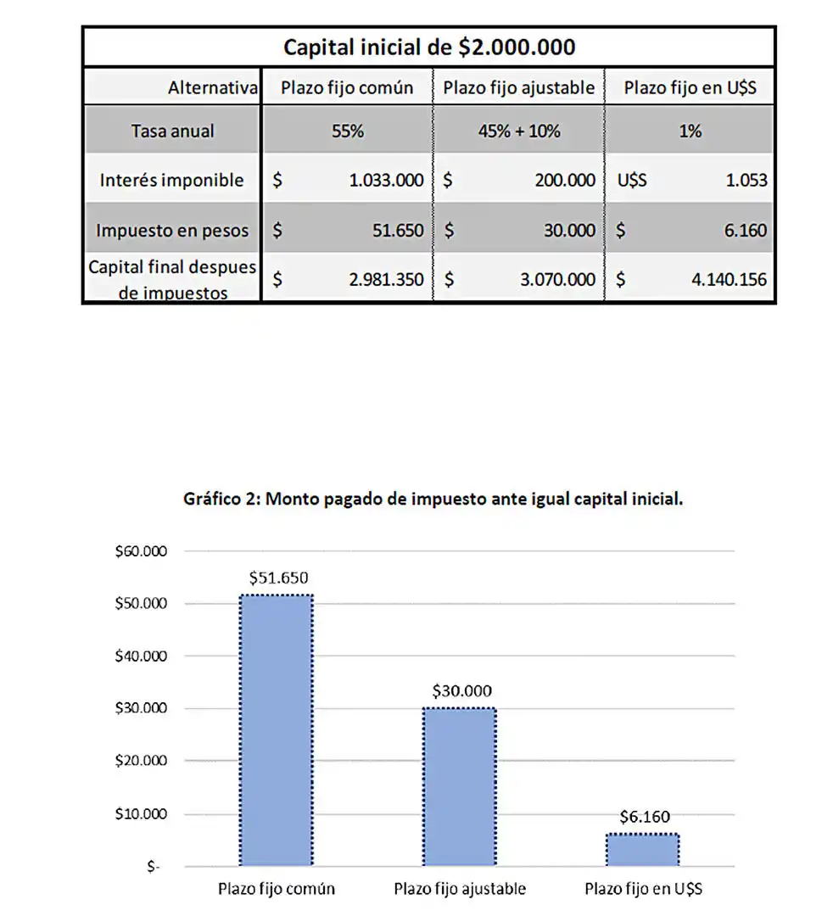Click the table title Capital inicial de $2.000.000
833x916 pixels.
[428, 47]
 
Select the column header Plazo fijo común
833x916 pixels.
[347, 87]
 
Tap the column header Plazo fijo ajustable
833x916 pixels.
[518, 87]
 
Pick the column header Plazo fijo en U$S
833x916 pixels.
[690, 87]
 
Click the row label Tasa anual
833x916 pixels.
[172, 131]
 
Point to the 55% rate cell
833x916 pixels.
[347, 131]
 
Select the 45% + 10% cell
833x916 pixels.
[518, 131]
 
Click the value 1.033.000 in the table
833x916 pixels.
[386, 180]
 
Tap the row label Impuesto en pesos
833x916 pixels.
[172, 230]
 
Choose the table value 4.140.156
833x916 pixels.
[729, 279]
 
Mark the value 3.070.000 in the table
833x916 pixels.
[557, 279]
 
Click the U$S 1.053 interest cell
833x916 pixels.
[690, 180]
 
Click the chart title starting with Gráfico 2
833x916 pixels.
[433, 500]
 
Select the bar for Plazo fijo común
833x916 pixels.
[277, 729]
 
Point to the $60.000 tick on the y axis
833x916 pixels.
[141, 551]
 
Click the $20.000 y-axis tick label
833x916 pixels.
[141, 760]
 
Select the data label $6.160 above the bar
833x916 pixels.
[644, 818]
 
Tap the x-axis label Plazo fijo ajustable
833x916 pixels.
[460, 889]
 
